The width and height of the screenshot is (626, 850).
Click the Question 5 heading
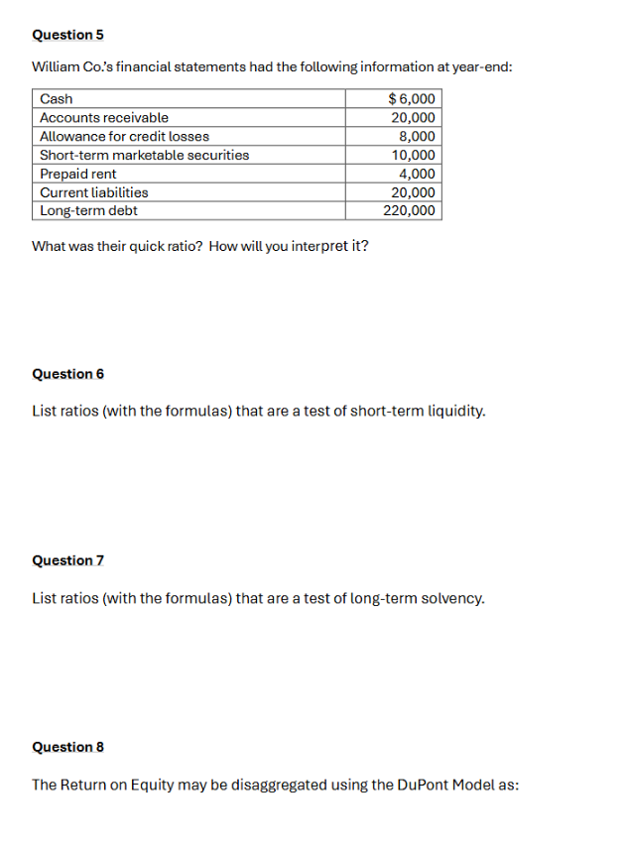coord(67,35)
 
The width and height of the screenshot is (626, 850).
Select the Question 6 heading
coord(67,374)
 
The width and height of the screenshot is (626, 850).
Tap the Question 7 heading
coord(67,560)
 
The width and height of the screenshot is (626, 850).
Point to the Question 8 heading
coord(67,747)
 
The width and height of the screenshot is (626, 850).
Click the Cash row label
coord(56,99)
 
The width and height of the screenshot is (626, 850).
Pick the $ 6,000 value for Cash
coord(411,99)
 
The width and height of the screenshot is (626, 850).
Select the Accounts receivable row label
coord(103,118)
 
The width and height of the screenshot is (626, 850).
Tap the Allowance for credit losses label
coord(124,137)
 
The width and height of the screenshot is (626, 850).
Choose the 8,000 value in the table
coord(417,137)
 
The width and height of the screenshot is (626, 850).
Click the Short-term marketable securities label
coord(144,156)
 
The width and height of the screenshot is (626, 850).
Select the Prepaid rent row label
coord(77,175)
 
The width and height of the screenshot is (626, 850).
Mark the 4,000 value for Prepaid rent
coord(417,175)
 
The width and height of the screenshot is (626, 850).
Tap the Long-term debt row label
coord(88,211)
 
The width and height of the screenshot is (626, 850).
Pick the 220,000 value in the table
coord(409,211)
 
